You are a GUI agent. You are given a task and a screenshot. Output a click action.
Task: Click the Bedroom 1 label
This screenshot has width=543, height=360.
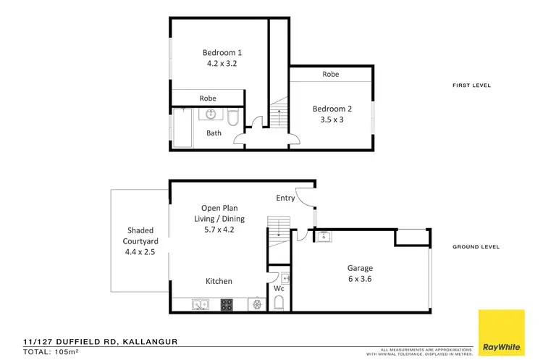click(222, 52)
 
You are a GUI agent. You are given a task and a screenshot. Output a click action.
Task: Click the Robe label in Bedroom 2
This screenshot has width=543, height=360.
click(331, 75)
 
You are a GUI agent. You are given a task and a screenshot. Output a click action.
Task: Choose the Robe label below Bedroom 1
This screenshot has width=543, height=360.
click(209, 99)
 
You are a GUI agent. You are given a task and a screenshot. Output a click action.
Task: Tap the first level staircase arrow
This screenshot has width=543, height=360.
click(278, 116)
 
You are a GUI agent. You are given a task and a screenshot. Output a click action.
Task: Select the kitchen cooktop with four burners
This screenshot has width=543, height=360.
click(226, 305)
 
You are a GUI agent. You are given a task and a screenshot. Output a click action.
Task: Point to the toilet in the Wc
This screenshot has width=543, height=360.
click(279, 304)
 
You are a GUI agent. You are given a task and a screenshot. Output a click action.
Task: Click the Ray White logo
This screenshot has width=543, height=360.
click(501, 331)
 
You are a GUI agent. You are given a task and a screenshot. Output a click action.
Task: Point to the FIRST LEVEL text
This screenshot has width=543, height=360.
click(472, 85)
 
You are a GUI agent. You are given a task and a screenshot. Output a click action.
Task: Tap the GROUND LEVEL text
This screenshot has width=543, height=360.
click(476, 247)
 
